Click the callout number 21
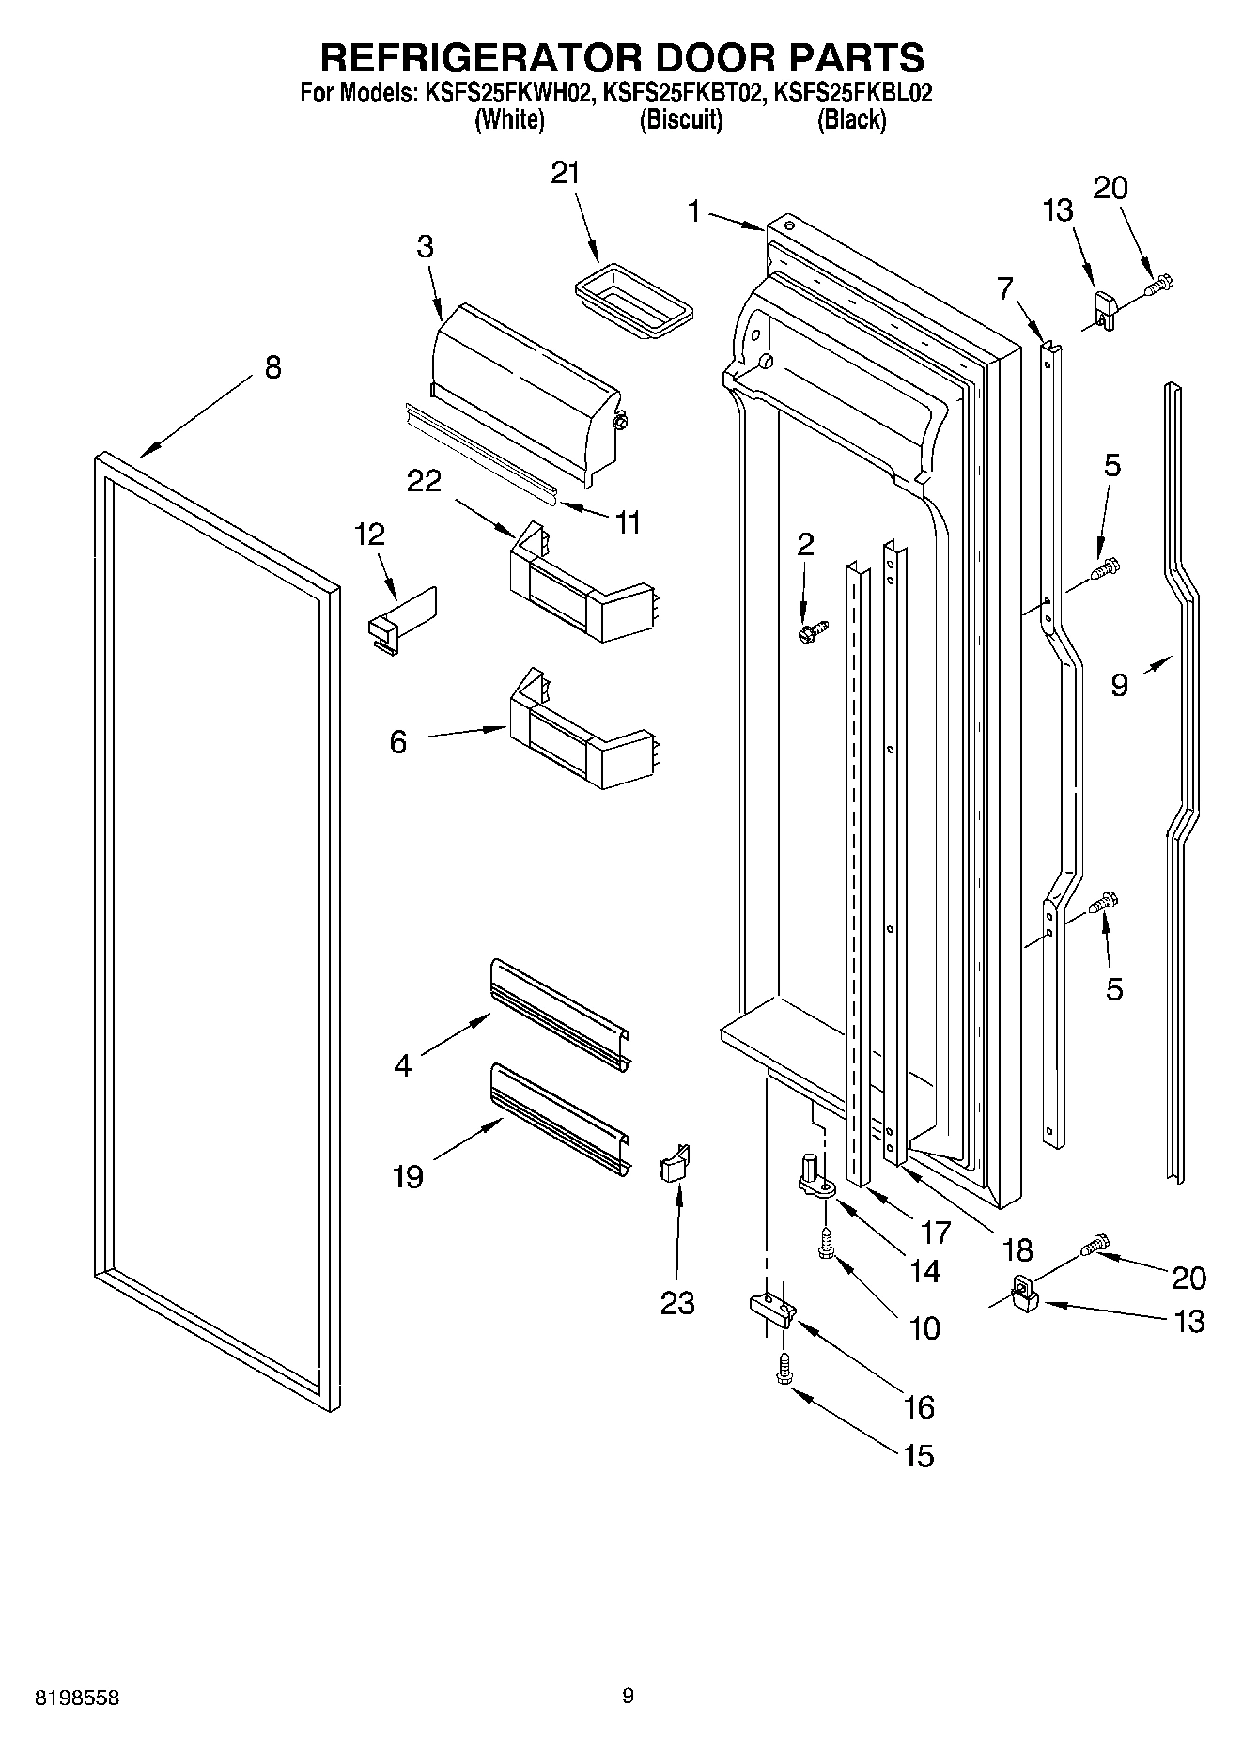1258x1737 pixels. pyautogui.click(x=565, y=173)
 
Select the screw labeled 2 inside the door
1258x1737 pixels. pyautogui.click(x=811, y=630)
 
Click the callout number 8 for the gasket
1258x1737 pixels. pyautogui.click(x=272, y=367)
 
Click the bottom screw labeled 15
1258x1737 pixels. pyautogui.click(x=782, y=1371)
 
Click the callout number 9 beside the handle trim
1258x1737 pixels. pyautogui.click(x=1119, y=685)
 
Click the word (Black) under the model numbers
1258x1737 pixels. pyautogui.click(x=851, y=120)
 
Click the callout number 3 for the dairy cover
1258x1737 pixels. pyautogui.click(x=425, y=247)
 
